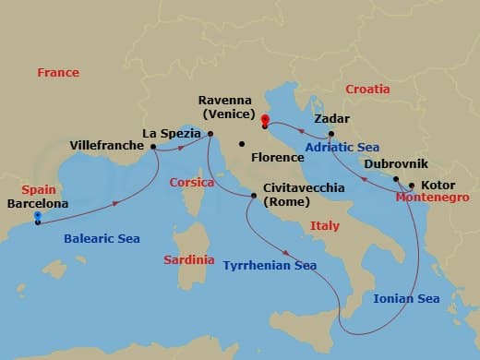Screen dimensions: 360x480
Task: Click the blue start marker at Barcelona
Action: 37,217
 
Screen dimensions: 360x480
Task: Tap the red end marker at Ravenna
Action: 265,119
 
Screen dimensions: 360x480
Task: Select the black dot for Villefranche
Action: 153,146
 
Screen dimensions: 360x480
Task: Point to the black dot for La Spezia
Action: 210,135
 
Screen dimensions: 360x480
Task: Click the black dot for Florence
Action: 241,143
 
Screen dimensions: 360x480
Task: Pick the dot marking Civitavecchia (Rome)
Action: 255,195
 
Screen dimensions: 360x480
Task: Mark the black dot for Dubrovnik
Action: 396,179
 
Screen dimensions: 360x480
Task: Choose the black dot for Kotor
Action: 412,185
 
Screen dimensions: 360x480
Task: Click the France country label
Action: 58,72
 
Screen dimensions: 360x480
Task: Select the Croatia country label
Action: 367,89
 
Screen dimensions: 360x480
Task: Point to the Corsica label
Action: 192,183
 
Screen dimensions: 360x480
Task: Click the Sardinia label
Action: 189,260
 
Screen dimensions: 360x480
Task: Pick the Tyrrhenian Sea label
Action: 270,266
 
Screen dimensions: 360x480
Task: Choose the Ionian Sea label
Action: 406,298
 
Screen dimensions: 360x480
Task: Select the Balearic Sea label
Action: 102,238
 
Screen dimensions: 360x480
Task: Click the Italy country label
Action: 325,225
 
